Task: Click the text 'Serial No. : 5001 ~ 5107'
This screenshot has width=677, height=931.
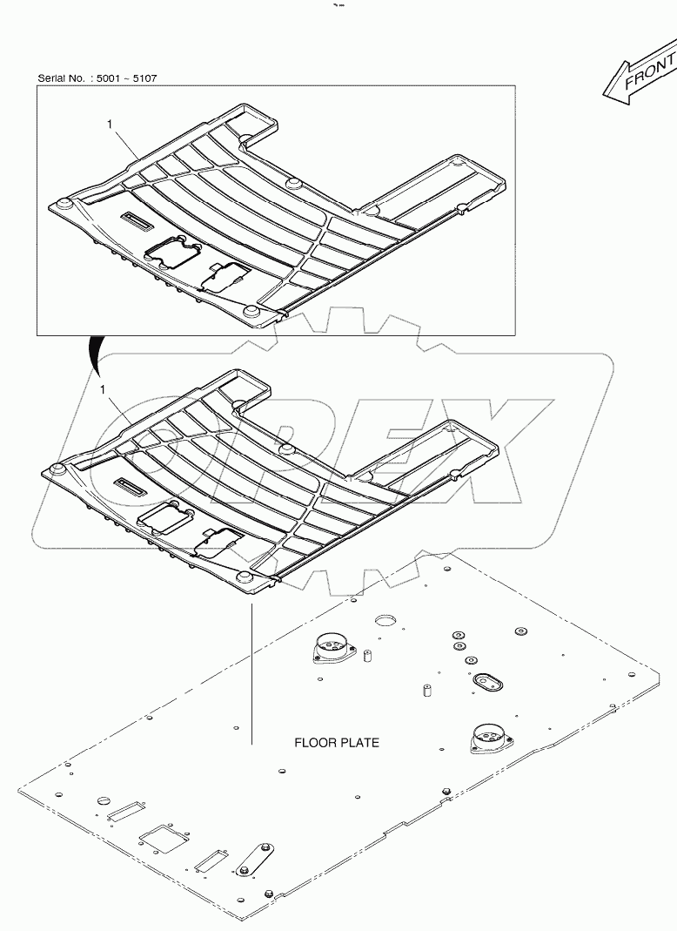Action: click(x=97, y=78)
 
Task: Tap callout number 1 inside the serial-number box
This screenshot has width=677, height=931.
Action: click(x=110, y=125)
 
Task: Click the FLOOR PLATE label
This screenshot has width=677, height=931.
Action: click(x=336, y=743)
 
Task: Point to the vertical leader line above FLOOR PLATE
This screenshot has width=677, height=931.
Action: click(x=251, y=671)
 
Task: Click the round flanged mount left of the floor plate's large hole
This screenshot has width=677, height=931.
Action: click(x=332, y=649)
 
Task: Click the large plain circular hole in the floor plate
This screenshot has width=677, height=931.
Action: click(x=385, y=622)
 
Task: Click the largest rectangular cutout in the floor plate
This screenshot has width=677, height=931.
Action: click(x=163, y=838)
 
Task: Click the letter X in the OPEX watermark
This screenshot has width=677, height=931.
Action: click(x=474, y=453)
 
